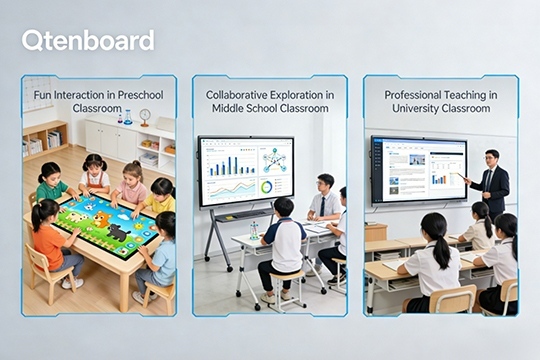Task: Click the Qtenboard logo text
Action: (88, 40)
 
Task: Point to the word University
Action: (412, 107)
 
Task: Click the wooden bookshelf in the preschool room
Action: (45, 140)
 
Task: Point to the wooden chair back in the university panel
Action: (453, 300)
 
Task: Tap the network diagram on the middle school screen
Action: (273, 161)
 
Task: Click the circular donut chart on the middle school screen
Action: (267, 187)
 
